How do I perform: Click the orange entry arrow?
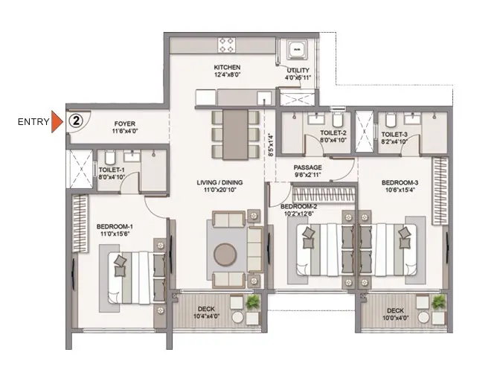[57, 121]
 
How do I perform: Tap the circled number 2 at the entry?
[76, 121]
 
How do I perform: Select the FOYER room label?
[125, 124]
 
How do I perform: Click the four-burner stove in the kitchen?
[227, 45]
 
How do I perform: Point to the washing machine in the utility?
[297, 49]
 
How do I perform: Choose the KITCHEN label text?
[227, 67]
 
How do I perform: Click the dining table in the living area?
[235, 134]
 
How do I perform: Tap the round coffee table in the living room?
[225, 254]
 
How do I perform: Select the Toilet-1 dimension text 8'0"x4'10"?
[112, 177]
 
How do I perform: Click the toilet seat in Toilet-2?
[337, 120]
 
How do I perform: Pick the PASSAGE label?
[308, 167]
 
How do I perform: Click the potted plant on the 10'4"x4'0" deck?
[253, 301]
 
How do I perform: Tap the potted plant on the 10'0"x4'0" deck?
[438, 301]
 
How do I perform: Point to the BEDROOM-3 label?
[400, 183]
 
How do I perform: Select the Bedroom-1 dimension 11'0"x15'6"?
[115, 234]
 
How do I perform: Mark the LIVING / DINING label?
[219, 183]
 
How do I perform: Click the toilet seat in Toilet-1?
[109, 158]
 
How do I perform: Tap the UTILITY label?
[298, 70]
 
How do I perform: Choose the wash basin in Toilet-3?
[411, 119]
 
